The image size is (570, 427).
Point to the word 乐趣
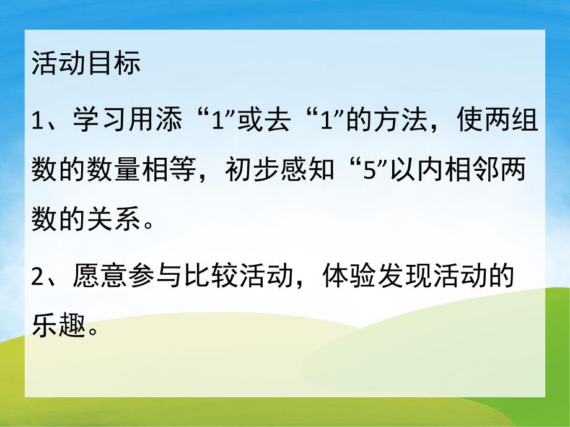(59, 324)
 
